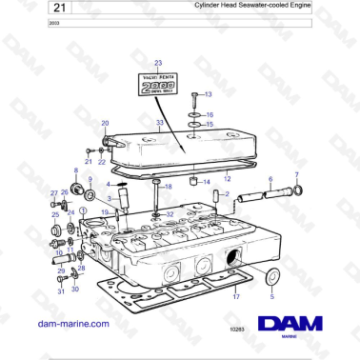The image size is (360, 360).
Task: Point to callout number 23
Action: tap(158, 62)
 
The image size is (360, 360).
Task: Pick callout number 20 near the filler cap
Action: tap(105, 123)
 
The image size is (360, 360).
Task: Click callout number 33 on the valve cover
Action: tap(161, 123)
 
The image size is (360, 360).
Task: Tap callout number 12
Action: tap(227, 178)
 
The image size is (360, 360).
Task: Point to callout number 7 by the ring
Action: tap(297, 175)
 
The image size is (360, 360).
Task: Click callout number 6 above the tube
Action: tap(270, 179)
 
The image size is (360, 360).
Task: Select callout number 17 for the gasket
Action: tap(235, 297)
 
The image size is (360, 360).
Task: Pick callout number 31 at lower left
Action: tap(60, 291)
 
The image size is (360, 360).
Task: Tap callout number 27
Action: tap(53, 193)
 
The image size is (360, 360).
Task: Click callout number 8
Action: tap(76, 170)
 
